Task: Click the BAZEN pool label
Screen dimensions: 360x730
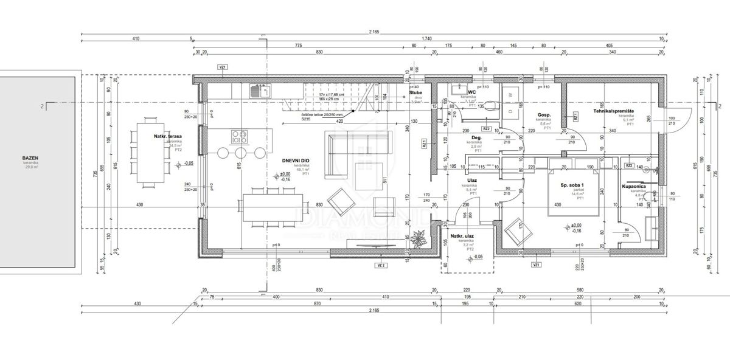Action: coord(30,158)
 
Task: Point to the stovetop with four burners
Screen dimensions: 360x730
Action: coord(238,136)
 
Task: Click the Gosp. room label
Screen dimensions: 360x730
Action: coord(544,115)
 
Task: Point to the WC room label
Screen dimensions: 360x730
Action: coord(471,92)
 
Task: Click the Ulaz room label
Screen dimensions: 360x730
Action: coord(471,181)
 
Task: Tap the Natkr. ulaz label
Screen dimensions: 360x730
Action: coord(462,236)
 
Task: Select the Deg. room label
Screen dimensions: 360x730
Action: coord(477,137)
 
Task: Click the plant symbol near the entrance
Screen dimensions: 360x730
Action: coord(419,239)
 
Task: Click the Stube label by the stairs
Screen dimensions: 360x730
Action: coord(417,92)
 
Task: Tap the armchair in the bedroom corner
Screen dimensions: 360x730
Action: coord(514,232)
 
